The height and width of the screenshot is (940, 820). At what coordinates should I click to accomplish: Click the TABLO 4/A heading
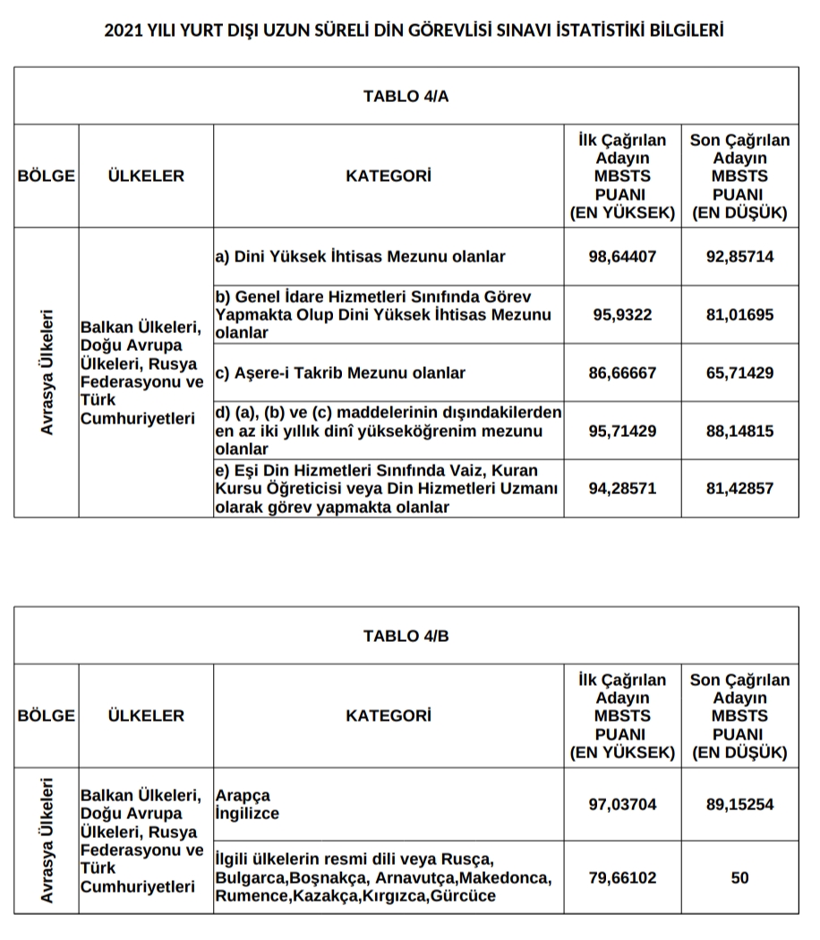406,97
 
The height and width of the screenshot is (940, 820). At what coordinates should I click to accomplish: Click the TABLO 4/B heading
406,636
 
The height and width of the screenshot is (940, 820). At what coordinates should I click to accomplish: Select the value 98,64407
622,257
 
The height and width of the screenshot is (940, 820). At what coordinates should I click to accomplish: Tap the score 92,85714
739,257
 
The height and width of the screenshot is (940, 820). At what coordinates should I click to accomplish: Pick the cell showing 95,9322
622,315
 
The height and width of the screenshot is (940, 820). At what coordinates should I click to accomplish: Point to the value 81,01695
739,315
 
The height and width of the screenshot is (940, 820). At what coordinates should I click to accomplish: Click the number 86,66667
622,372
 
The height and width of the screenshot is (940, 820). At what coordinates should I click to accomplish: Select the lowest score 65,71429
739,372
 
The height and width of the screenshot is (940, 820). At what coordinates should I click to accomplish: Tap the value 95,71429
622,431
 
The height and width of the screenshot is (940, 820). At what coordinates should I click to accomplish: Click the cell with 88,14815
739,431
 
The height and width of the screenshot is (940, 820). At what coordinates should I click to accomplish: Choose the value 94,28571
622,489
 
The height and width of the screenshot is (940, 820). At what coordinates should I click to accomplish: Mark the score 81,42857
739,489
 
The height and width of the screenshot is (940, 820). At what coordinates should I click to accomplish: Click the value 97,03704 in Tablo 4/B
622,805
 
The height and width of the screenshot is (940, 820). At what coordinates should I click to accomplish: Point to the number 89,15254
739,805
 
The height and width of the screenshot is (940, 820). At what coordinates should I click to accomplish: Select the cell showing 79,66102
622,878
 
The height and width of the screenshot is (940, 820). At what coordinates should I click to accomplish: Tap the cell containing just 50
739,878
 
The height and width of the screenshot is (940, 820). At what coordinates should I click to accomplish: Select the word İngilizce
247,814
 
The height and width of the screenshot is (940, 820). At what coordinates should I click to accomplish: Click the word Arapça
242,796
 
